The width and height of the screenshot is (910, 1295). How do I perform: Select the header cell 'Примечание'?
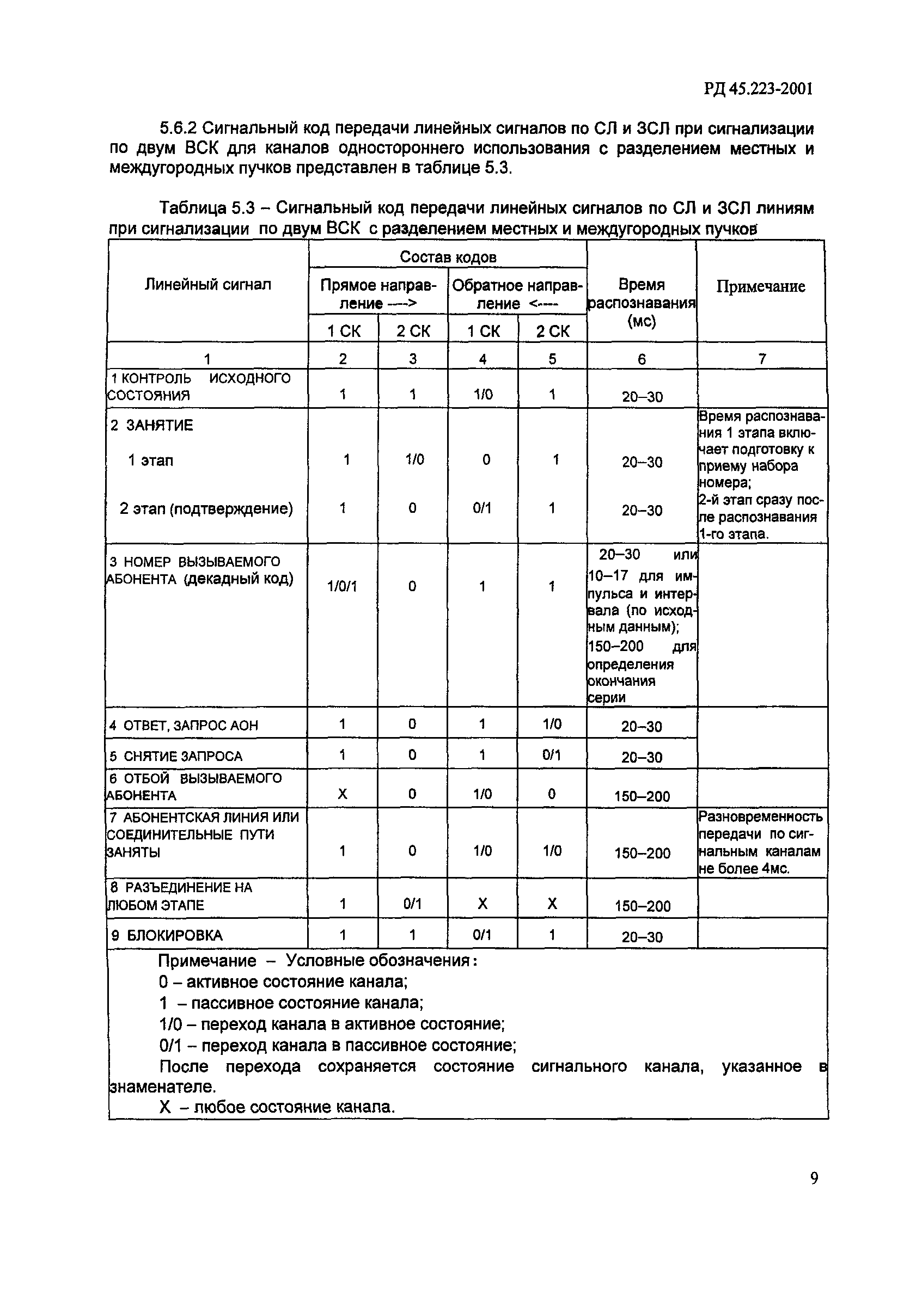click(760, 286)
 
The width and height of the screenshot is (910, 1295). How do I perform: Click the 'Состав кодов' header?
click(448, 257)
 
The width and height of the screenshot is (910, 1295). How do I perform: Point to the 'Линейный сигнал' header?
click(207, 284)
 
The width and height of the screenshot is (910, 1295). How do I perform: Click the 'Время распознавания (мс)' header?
click(642, 302)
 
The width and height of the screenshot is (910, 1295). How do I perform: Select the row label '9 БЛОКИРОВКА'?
click(167, 936)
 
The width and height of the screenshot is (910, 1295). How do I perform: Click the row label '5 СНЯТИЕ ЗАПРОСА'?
click(175, 756)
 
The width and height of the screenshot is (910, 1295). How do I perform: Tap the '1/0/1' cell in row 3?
click(343, 587)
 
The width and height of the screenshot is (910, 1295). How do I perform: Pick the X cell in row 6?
click(342, 794)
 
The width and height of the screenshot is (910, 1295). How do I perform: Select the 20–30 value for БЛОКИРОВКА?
click(642, 937)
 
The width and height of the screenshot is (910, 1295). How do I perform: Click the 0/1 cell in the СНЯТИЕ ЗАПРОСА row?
click(552, 754)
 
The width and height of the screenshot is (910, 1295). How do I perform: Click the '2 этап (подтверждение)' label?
click(206, 509)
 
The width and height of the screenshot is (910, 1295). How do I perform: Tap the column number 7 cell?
click(762, 359)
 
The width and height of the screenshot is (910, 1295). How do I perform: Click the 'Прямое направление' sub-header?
click(378, 294)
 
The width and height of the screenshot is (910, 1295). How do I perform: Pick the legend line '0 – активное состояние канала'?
click(283, 982)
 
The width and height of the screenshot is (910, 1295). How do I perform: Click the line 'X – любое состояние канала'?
click(277, 1107)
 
